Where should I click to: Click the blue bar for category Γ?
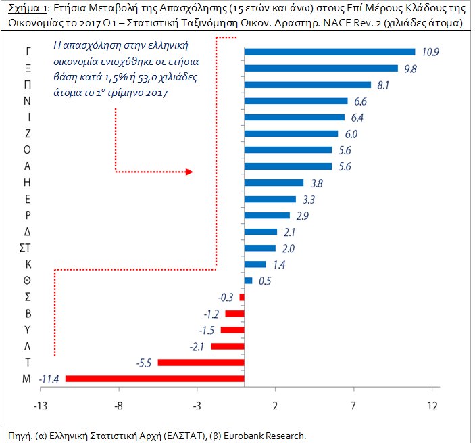[x=329, y=52]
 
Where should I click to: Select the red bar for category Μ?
[x=154, y=379]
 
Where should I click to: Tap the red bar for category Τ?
[x=201, y=363]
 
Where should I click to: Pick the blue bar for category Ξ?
[x=321, y=68]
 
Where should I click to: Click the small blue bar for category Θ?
[x=248, y=280]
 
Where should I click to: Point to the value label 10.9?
[x=430, y=52]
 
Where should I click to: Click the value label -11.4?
[x=49, y=379]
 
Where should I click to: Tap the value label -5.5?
[x=144, y=363]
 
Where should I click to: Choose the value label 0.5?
[x=264, y=281]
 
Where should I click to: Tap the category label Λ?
[x=26, y=346]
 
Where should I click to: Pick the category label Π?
[x=26, y=84]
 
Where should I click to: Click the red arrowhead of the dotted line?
[x=189, y=172]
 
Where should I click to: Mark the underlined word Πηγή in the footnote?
[x=17, y=435]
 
